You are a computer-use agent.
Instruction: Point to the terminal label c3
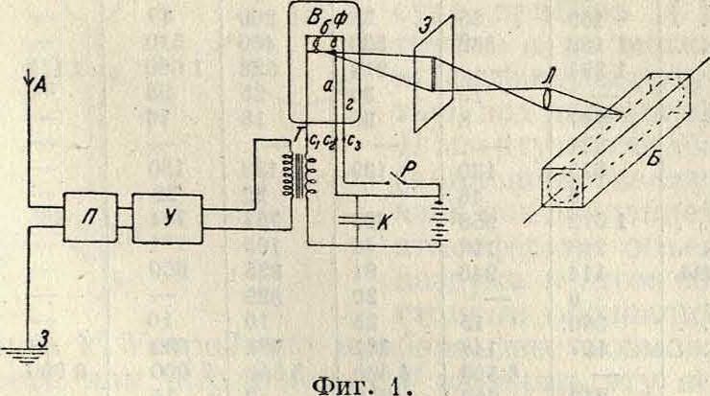tap(354, 144)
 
